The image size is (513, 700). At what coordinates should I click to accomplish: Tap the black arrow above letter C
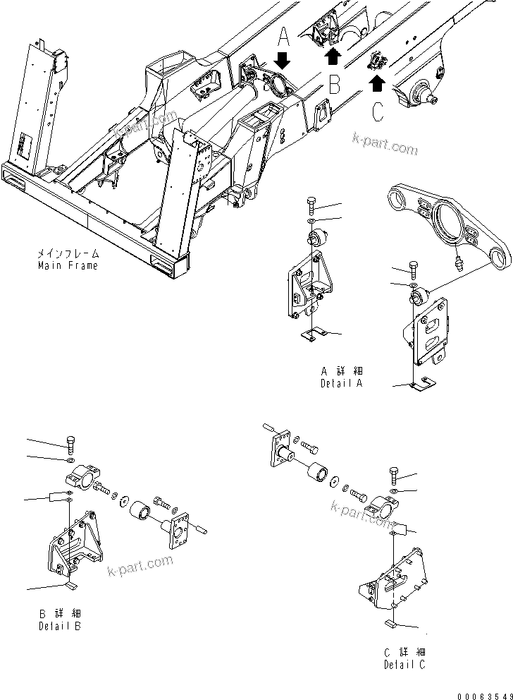click(377, 84)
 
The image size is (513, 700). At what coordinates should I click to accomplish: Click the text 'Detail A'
click(341, 383)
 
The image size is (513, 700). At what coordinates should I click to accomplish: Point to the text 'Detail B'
click(59, 626)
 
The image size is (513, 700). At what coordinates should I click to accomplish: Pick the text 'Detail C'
click(405, 664)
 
